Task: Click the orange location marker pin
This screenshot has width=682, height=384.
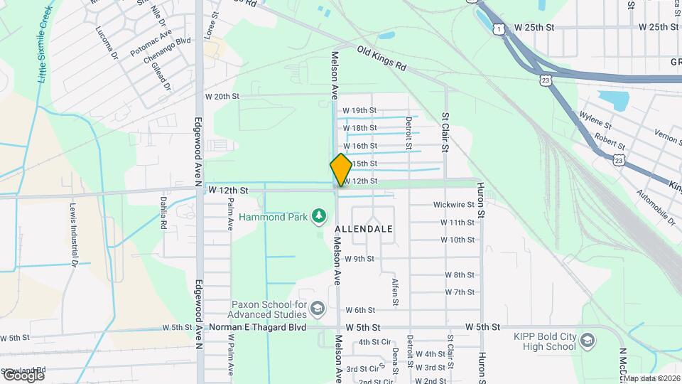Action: coord(341,169)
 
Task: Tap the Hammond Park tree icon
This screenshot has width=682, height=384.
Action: coord(320,215)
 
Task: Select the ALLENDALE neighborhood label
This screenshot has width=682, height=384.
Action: coord(363,230)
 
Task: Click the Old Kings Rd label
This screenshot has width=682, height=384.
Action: coord(381,59)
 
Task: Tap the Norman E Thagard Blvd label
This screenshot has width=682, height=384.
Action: coord(257,327)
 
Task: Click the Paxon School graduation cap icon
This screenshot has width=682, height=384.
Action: coord(318,308)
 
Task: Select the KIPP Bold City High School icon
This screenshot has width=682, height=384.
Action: coord(588,341)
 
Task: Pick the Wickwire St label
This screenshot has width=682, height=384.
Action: coord(453,205)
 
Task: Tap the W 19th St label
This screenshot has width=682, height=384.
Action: coord(359,110)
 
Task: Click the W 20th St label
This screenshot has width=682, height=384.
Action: coord(222,96)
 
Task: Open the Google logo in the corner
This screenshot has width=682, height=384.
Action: coord(23,375)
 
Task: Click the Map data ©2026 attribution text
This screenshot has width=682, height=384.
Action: coord(651,378)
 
